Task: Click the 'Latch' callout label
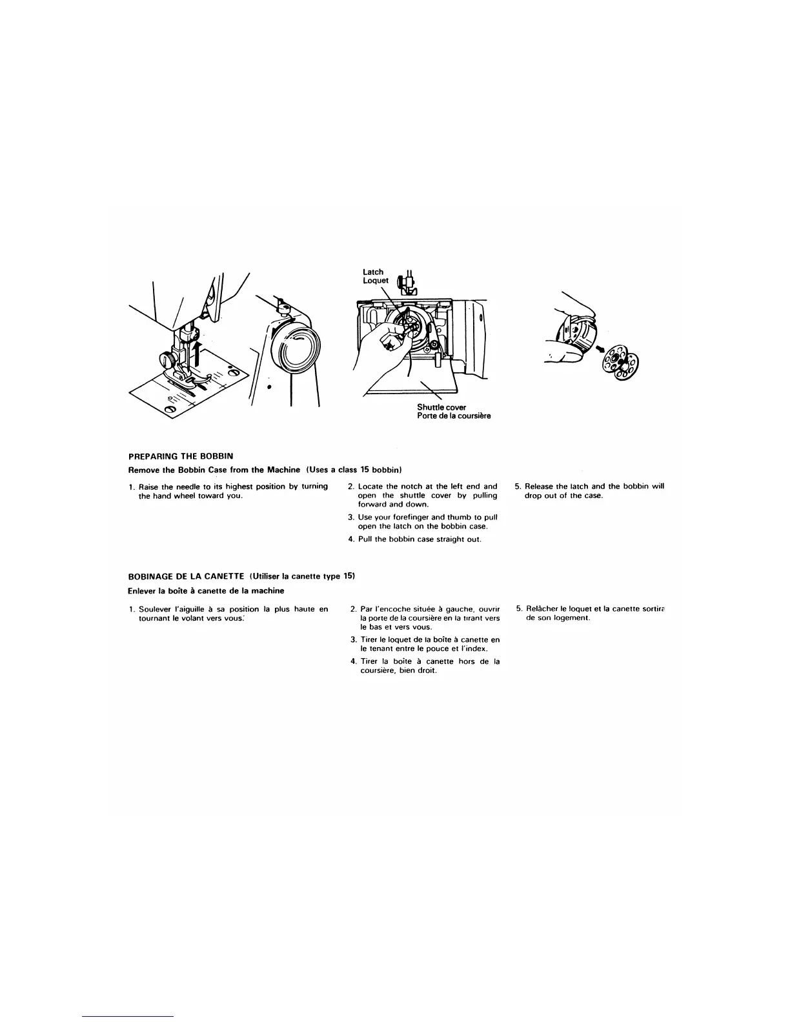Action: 373,272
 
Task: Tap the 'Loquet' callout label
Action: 376,281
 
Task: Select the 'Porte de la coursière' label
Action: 454,416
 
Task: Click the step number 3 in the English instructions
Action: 351,517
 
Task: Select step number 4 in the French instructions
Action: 354,661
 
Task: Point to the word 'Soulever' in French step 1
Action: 155,609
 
